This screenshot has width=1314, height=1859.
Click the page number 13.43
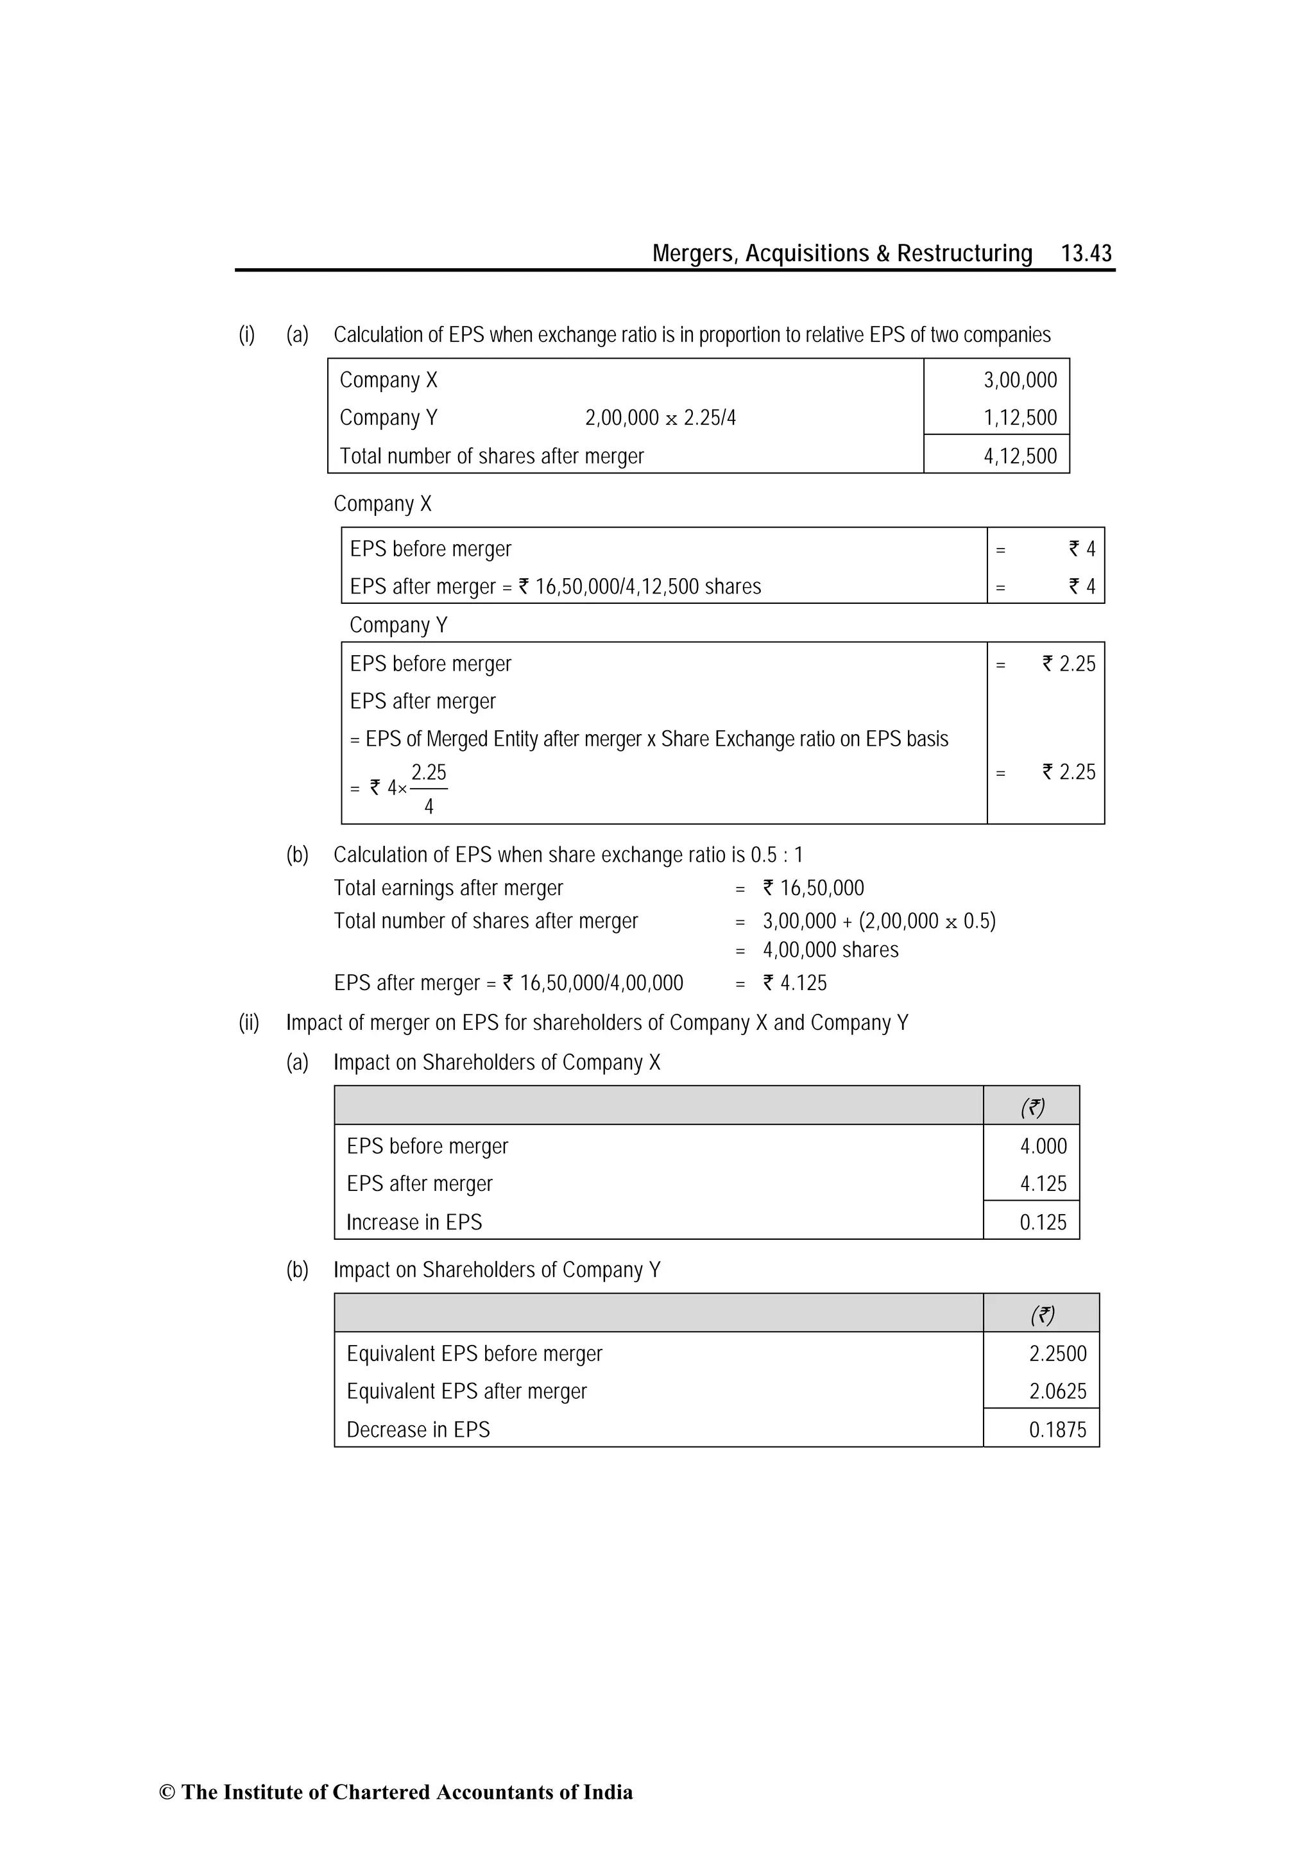[x=1086, y=253]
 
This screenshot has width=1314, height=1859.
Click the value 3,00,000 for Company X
[x=1020, y=380]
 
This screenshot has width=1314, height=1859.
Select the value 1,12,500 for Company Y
[x=1020, y=418]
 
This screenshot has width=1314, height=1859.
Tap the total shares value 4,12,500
[x=1020, y=456]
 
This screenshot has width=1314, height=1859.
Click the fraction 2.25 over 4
[x=429, y=789]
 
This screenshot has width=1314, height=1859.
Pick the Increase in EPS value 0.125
[x=1043, y=1222]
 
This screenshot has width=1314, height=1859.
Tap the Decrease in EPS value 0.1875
[x=1057, y=1430]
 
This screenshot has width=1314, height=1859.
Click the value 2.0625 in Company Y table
[x=1057, y=1391]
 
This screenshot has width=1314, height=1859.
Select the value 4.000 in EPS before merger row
[x=1043, y=1145]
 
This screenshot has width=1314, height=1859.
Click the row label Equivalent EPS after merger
[x=466, y=1391]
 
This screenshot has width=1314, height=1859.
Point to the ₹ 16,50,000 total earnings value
[x=813, y=888]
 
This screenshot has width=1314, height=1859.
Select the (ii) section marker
[x=248, y=1023]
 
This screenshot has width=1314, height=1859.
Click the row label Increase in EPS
[x=414, y=1222]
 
